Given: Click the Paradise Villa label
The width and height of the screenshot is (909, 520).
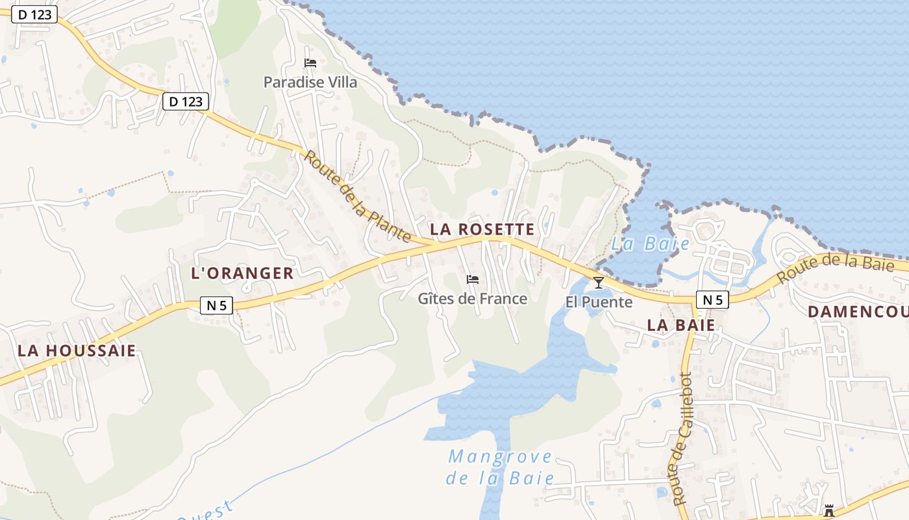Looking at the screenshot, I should click(x=310, y=82).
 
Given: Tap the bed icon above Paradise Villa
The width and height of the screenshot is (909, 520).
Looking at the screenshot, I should click(x=310, y=63).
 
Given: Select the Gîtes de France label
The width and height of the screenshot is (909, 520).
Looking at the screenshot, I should click(x=472, y=298).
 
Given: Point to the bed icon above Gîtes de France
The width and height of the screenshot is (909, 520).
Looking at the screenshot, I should click(x=472, y=279).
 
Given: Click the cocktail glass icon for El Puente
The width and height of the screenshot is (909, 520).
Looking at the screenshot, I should click(x=598, y=282).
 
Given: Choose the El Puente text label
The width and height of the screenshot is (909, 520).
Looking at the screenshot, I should click(x=599, y=302).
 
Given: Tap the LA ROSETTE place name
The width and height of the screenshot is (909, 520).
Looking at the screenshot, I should click(x=482, y=229).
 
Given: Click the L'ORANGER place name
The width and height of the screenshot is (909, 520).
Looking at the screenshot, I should click(x=242, y=273).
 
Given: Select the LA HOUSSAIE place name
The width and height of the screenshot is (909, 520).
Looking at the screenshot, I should click(x=77, y=351).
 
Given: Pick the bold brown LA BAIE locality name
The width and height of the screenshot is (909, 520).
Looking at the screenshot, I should click(x=681, y=325).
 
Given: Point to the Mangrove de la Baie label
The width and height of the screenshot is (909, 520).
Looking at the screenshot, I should click(x=500, y=467).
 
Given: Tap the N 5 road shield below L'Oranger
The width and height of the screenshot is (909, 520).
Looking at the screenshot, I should click(x=216, y=305).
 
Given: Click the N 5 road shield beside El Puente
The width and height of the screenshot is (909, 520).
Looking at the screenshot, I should click(x=712, y=299).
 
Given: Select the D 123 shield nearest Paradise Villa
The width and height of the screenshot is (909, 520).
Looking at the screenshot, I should click(x=185, y=101).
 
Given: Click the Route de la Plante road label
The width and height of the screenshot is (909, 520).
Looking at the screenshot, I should click(x=357, y=196).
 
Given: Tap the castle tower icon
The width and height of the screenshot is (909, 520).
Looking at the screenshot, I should click(x=828, y=510).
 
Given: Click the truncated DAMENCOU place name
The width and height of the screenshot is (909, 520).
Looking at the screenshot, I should click(x=858, y=311).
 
